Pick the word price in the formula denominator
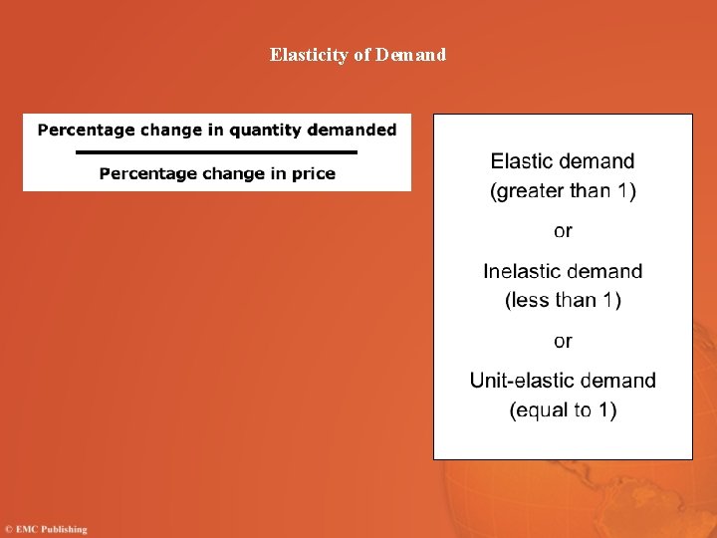tap(313, 174)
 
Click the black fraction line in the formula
tap(216, 151)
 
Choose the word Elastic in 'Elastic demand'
tap(524, 161)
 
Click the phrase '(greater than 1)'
tap(563, 190)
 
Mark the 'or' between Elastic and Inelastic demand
tap(563, 231)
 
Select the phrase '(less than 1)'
tap(563, 300)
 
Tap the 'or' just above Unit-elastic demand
tap(563, 342)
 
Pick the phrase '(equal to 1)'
tap(563, 409)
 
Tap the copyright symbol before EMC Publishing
tap(8, 529)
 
